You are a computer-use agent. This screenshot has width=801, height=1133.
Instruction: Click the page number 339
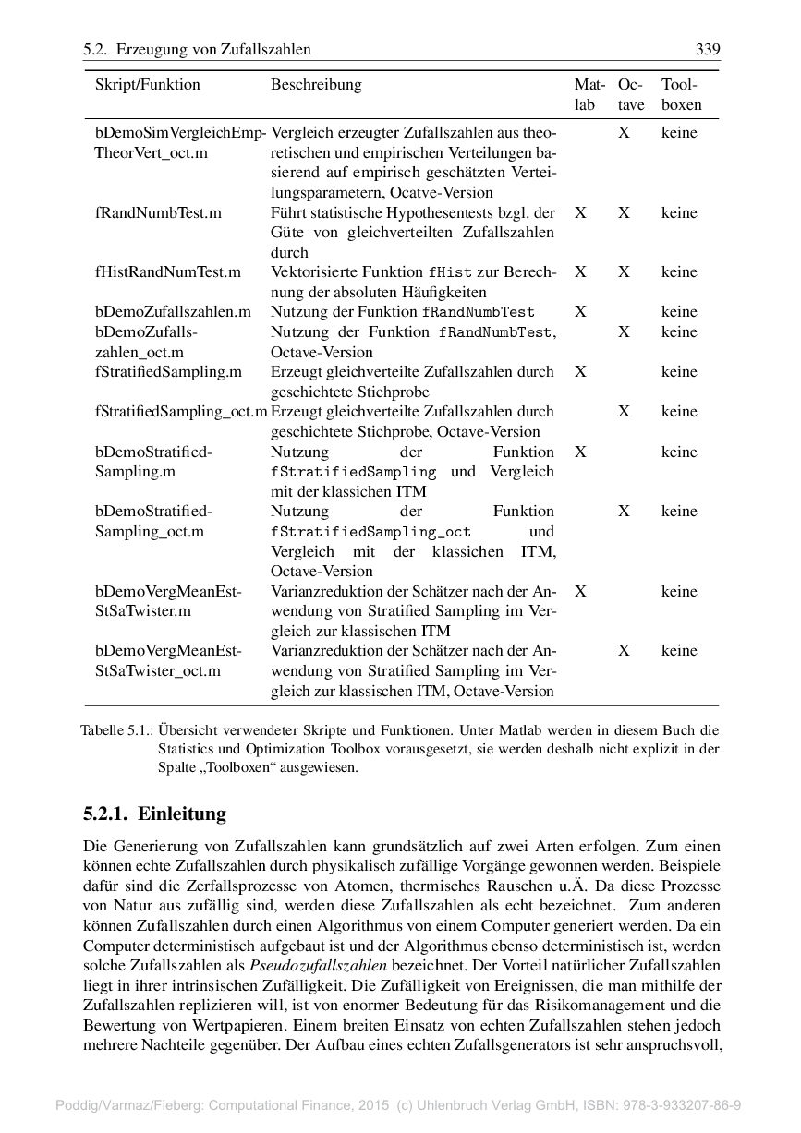pyautogui.click(x=708, y=49)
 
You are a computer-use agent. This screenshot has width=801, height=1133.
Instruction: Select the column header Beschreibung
pyautogui.click(x=316, y=85)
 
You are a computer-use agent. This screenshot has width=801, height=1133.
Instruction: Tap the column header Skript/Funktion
pyautogui.click(x=148, y=85)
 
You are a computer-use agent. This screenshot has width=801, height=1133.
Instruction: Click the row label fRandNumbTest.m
pyautogui.click(x=158, y=212)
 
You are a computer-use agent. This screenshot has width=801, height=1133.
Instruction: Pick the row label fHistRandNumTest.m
pyautogui.click(x=167, y=272)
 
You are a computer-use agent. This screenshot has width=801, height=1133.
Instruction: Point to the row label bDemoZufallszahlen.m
pyautogui.click(x=173, y=312)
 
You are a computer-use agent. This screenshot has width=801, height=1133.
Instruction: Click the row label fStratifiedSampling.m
pyautogui.click(x=168, y=372)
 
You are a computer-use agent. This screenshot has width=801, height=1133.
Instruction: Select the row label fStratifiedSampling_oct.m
pyautogui.click(x=181, y=412)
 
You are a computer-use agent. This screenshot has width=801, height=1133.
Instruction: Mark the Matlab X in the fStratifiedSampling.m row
pyautogui.click(x=580, y=372)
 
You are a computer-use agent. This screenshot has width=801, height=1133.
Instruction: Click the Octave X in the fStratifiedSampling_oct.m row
pyautogui.click(x=625, y=412)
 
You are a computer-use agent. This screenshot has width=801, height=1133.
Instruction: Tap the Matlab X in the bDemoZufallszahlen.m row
pyautogui.click(x=580, y=312)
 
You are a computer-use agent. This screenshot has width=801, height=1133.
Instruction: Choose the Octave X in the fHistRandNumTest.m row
pyautogui.click(x=625, y=272)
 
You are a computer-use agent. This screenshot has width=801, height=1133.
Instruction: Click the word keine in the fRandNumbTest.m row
pyautogui.click(x=679, y=212)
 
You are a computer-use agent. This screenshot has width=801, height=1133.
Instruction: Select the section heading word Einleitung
pyautogui.click(x=182, y=814)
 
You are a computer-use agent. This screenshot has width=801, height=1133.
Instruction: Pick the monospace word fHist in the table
pyautogui.click(x=450, y=272)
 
